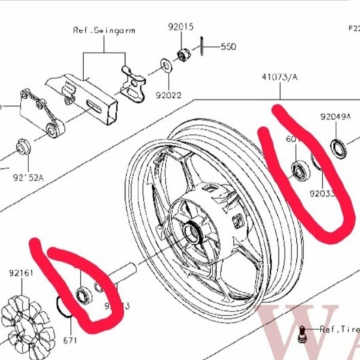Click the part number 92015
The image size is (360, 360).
(181, 27)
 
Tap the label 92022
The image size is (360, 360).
(169, 95)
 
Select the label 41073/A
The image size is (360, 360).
(280, 77)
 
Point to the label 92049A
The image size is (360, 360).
(335, 117)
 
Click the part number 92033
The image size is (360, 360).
(322, 194)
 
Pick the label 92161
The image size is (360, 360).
(21, 273)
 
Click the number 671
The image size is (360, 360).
(70, 340)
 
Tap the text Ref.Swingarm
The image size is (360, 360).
(104, 30)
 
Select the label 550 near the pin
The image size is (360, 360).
(228, 47)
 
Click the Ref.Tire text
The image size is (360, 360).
(338, 329)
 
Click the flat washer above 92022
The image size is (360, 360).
(166, 66)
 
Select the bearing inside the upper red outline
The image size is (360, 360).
(299, 170)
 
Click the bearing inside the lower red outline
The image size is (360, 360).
(82, 295)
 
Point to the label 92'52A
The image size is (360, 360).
(28, 178)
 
